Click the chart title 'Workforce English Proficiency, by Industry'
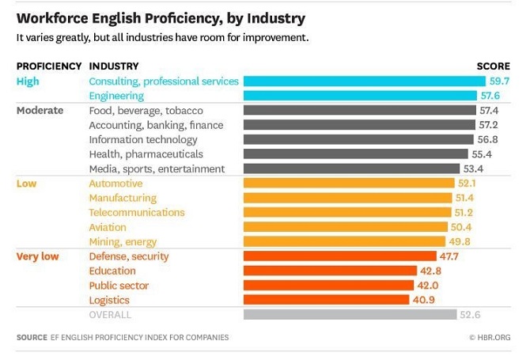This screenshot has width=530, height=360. tap(161, 17)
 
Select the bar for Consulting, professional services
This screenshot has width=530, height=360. tap(364, 81)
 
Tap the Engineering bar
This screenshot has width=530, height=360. tap(360, 96)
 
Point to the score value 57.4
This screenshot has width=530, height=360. tap(489, 111)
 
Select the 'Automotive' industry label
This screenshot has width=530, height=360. tap(115, 184)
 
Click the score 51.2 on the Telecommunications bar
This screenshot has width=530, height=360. tap(464, 213)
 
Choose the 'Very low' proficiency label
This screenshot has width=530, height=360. tap(37, 256)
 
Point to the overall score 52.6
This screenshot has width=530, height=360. tap(469, 315)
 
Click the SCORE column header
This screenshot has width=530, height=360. tap(493, 66)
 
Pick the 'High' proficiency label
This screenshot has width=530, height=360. tap(28, 81)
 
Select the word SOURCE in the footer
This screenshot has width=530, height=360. tap(32, 338)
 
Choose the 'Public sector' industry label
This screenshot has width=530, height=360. tap(119, 286)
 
